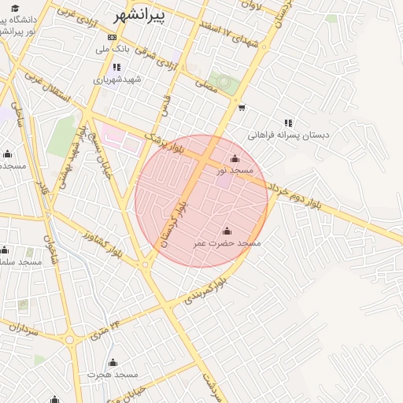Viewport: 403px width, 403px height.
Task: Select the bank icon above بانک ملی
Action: click(x=112, y=37)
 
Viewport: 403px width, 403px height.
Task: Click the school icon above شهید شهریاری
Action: click(x=116, y=68)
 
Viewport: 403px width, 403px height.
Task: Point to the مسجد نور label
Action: click(x=235, y=170)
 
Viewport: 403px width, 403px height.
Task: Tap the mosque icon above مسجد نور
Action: click(x=235, y=158)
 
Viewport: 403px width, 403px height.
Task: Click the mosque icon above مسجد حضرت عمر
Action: click(x=227, y=231)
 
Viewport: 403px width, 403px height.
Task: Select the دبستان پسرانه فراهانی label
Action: click(x=289, y=135)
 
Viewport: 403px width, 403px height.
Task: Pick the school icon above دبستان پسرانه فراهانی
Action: click(x=288, y=123)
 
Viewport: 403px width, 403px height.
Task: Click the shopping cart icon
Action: click(x=242, y=108)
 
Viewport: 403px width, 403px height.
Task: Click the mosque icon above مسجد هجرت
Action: click(x=113, y=363)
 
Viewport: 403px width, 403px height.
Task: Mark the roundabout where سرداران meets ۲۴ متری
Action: click(x=69, y=341)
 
